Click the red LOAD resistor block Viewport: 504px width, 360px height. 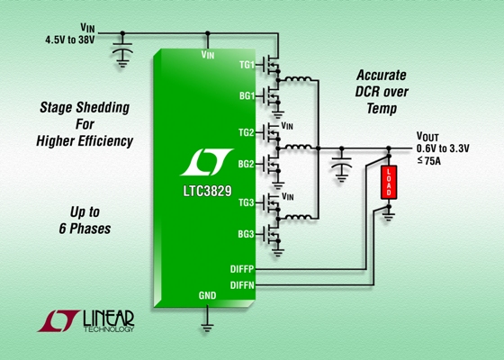click(389, 182)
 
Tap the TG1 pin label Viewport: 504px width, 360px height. click(247, 65)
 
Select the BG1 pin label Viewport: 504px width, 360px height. click(247, 95)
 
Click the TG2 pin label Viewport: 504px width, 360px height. click(247, 132)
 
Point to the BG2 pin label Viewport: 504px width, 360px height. click(247, 164)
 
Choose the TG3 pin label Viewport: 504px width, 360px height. click(247, 202)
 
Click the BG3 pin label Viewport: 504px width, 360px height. click(247, 234)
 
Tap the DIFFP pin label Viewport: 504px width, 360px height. click(242, 269)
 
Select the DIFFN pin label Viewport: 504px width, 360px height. click(242, 285)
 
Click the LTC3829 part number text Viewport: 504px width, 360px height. click(207, 191)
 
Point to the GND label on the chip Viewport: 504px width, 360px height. click(207, 295)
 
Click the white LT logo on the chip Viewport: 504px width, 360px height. click(206, 162)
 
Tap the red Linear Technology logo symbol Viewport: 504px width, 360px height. click(58, 320)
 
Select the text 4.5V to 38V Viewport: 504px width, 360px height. click(70, 40)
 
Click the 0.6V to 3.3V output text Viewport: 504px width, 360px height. click(443, 148)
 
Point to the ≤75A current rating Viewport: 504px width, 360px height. click(428, 161)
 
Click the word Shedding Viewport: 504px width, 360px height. click(107, 108)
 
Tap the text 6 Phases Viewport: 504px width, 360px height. click(85, 229)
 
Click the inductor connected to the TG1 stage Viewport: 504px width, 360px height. click(298, 78)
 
